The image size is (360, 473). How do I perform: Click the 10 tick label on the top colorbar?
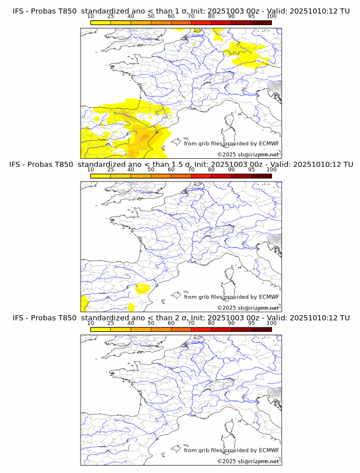91,16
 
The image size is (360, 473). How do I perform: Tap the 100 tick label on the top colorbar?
271,16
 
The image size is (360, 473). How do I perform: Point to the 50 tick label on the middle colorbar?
151,169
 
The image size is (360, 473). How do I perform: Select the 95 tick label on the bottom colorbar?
251,323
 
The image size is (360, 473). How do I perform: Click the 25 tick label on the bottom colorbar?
110,323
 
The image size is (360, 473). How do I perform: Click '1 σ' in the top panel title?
185,11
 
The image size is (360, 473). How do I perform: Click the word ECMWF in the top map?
269,143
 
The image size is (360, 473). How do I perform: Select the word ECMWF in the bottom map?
269,450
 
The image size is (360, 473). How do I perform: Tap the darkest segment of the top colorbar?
261,22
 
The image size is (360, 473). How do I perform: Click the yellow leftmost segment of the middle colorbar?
101,175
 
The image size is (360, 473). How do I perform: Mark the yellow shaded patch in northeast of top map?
246,53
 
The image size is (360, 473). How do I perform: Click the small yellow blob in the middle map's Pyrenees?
142,288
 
